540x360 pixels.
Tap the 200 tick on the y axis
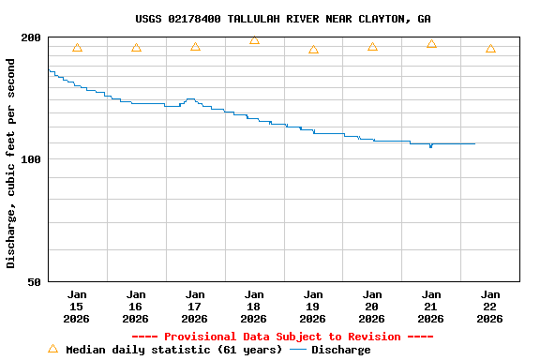[31, 37]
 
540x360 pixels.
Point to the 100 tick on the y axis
[31, 159]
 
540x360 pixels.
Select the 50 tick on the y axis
[34, 281]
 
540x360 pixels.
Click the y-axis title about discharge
[11, 163]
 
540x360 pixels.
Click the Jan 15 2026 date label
[77, 307]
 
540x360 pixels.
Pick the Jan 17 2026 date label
[195, 307]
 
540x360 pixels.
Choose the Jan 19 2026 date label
[313, 307]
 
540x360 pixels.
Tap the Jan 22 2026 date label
[490, 307]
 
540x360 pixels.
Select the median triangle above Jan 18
[254, 40]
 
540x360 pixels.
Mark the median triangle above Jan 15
[77, 48]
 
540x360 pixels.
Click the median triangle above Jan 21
[431, 44]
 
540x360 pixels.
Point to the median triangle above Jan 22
[490, 49]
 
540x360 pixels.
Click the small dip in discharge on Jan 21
[430, 146]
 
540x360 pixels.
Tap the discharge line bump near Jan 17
[190, 99]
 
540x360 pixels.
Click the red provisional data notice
[282, 337]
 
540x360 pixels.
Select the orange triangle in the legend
[52, 349]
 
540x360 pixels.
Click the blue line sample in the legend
[298, 350]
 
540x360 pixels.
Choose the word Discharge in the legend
[340, 350]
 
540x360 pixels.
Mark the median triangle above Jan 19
[313, 50]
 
